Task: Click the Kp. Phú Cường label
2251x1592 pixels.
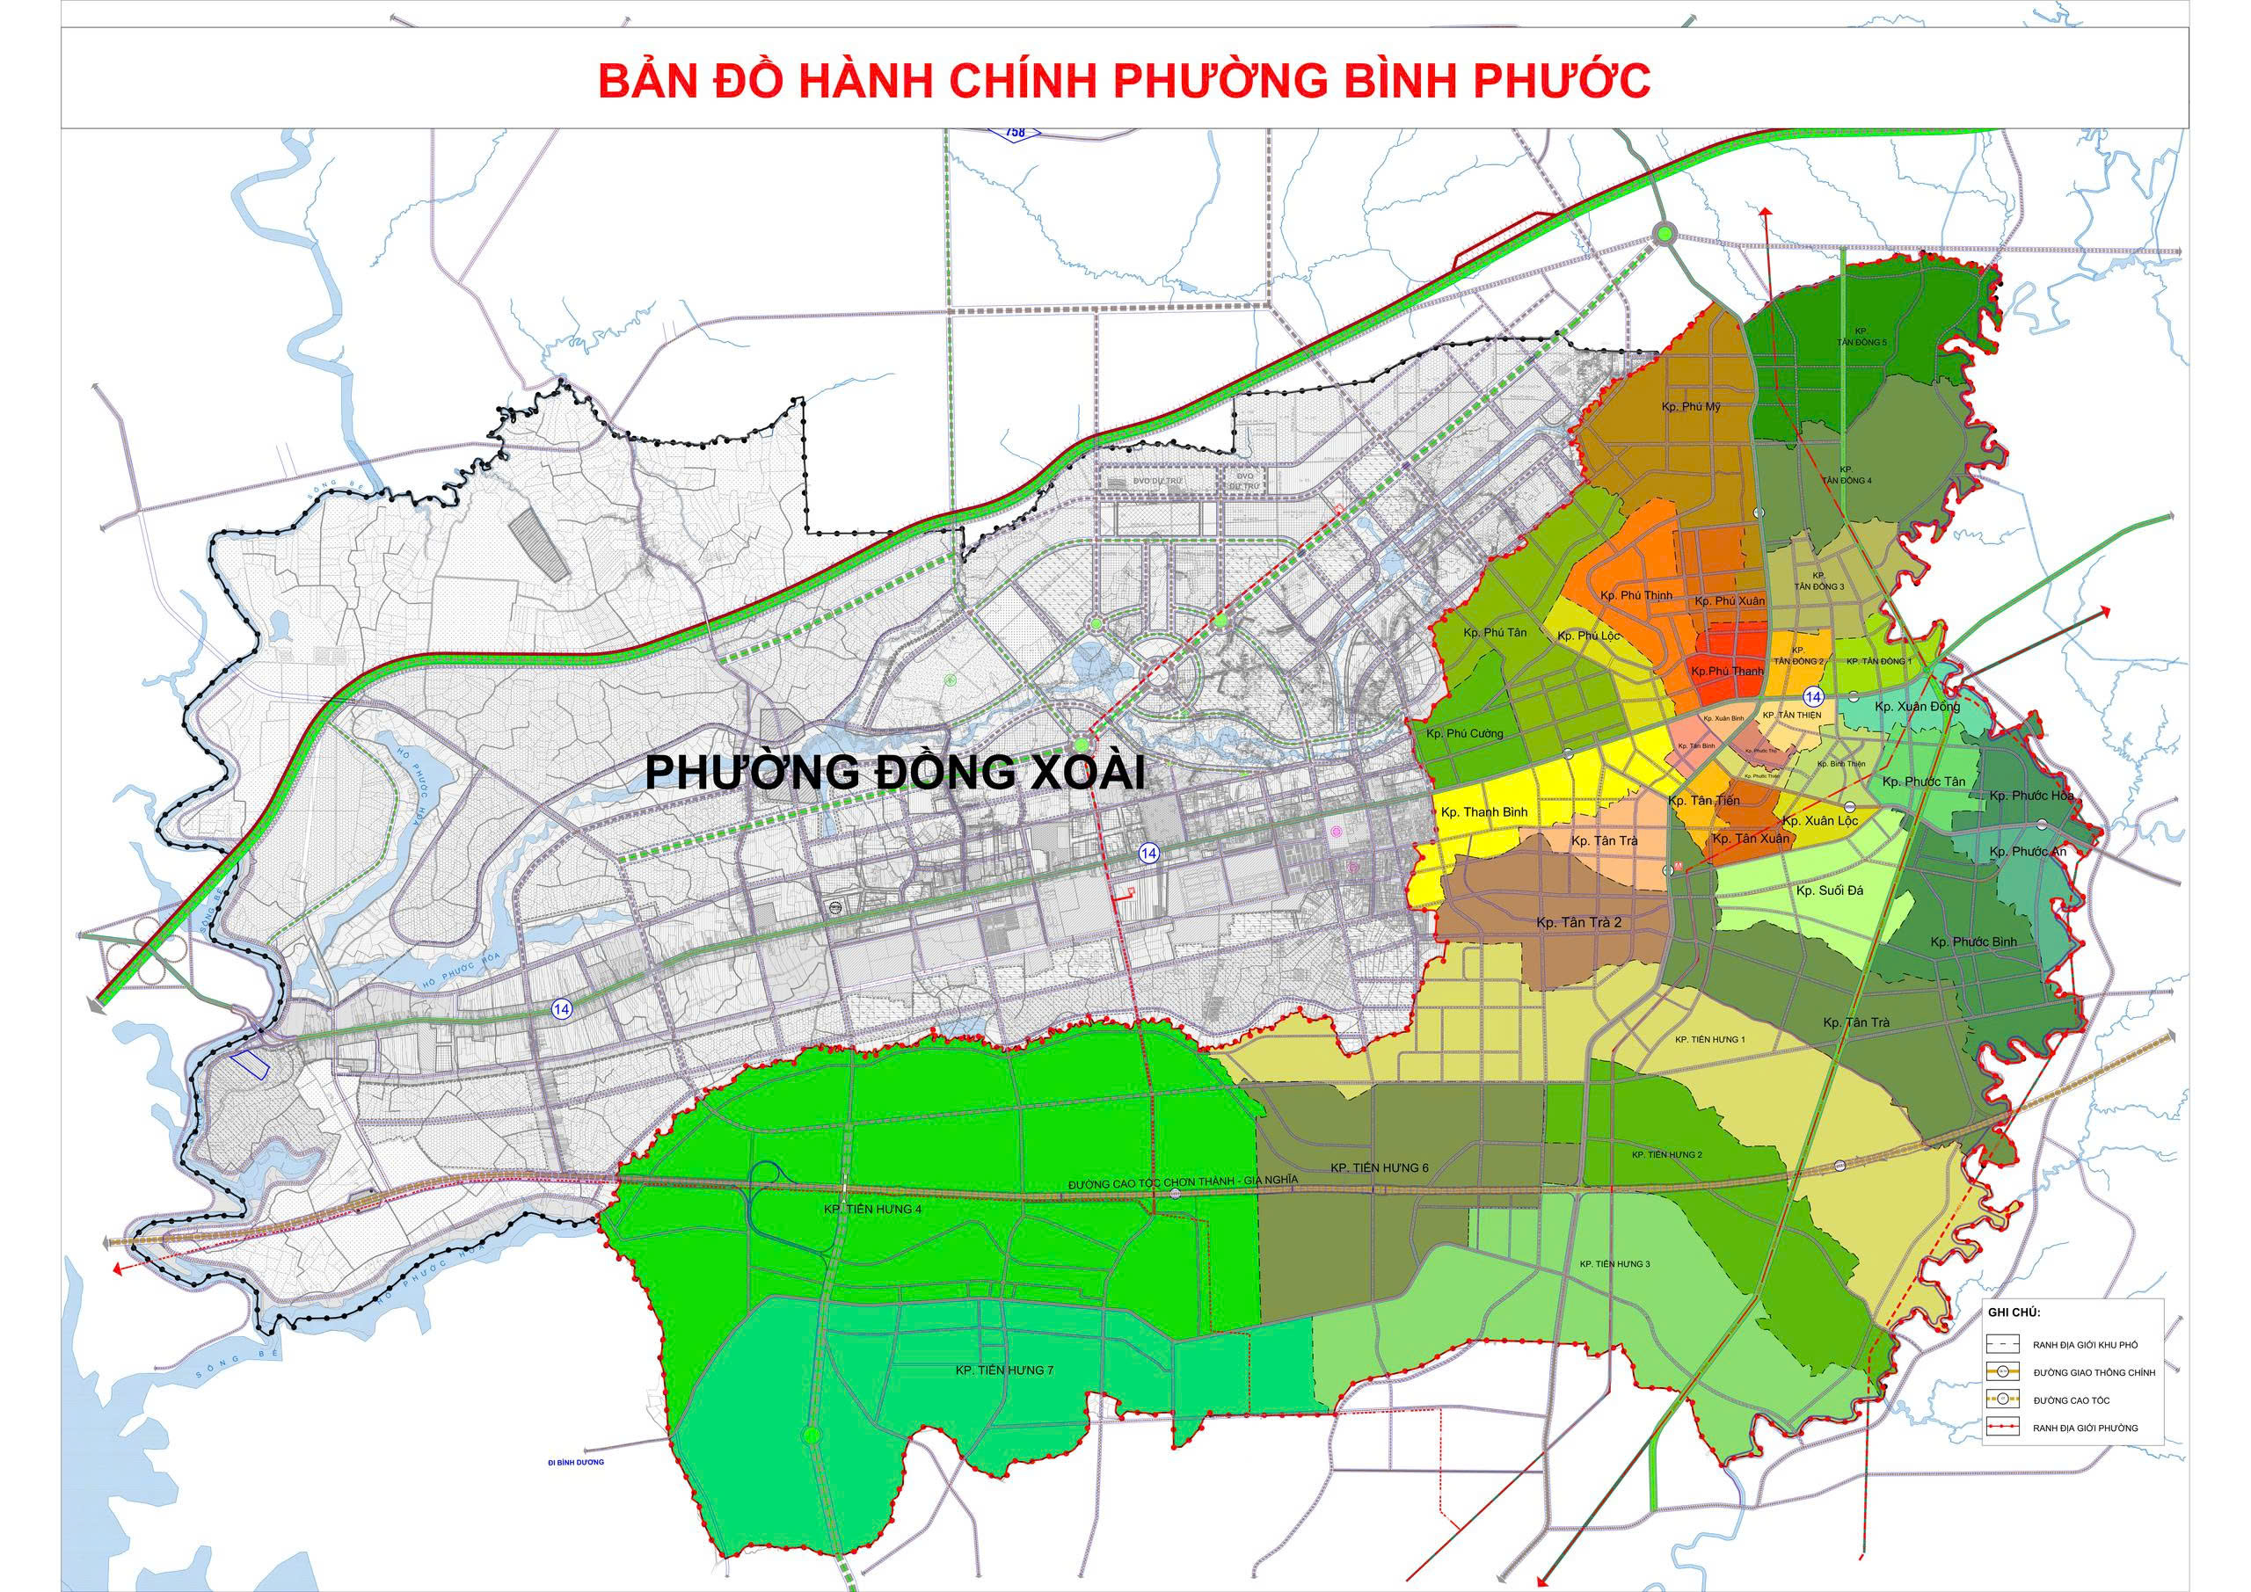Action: tap(1465, 733)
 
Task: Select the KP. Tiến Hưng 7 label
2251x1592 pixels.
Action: tap(1004, 1370)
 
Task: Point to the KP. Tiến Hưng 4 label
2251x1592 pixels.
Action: tap(872, 1210)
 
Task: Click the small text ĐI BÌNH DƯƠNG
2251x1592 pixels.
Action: tap(577, 1462)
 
